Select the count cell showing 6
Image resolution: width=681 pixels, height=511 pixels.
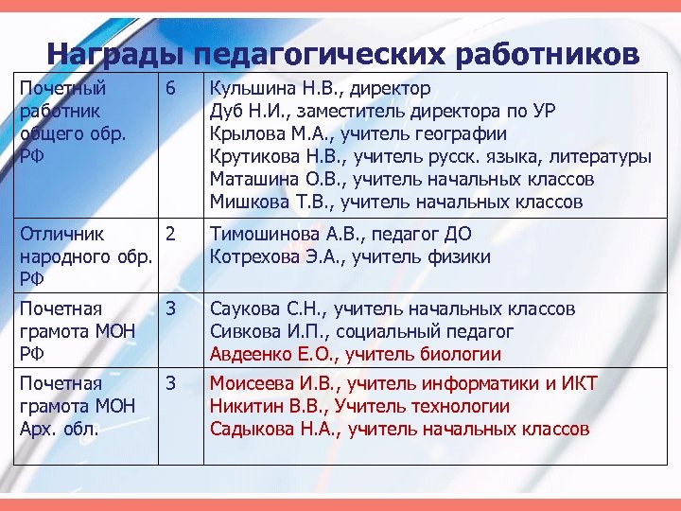pos(170,89)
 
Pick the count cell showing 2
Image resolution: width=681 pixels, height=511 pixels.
pos(170,234)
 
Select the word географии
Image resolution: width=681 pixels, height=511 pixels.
pos(463,134)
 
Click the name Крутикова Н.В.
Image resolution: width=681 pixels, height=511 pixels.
pos(274,157)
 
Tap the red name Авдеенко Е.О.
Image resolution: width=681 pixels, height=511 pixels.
pos(271,355)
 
